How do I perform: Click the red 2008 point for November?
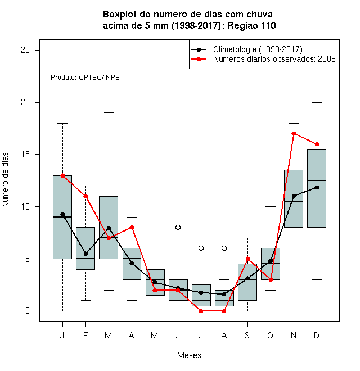294,134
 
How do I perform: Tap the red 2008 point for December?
317,144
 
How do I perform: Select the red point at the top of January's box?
62,175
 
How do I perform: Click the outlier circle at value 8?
178,228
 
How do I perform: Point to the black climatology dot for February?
85,254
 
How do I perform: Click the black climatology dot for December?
317,187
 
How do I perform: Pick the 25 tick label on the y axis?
25,50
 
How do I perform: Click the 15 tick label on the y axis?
25,154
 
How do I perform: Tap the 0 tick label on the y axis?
28,311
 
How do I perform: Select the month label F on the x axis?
85,335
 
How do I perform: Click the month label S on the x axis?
247,335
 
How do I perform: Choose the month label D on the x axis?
317,335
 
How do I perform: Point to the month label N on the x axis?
294,335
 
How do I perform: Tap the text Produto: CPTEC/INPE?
85,78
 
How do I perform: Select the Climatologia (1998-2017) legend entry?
246,49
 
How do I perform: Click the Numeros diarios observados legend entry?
263,59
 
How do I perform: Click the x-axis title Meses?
189,355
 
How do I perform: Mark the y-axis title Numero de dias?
5,180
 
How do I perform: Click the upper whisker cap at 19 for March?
109,113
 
